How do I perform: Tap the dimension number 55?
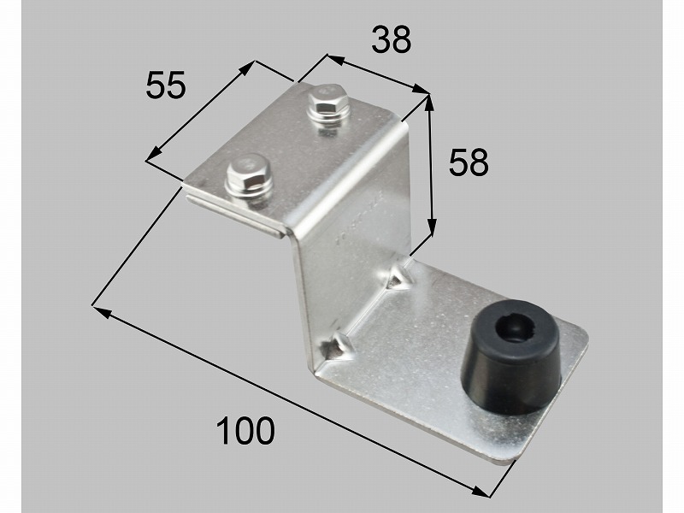point(166,85)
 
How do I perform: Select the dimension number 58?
point(469,162)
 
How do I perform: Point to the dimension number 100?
point(245,431)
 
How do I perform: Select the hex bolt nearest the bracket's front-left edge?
point(249,177)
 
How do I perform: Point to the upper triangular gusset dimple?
point(398,275)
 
